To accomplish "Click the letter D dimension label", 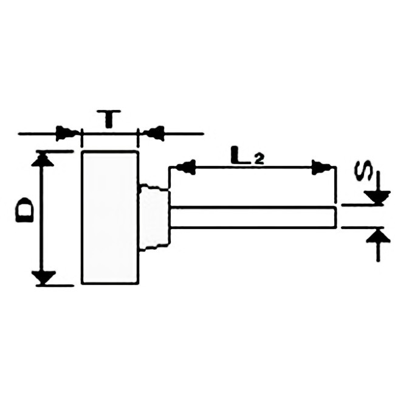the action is point(25,210).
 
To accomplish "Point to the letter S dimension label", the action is point(363,170).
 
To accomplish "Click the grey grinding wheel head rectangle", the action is point(110,217).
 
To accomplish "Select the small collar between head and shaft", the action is point(154,217).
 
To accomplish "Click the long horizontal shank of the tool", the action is point(253,217).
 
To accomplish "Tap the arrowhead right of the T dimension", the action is point(153,134).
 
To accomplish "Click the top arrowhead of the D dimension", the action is point(43,158).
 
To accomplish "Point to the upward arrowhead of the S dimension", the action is point(378,235).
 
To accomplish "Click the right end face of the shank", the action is point(335,217).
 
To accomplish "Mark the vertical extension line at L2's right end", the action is point(335,185).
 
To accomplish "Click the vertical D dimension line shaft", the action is point(41,218).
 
